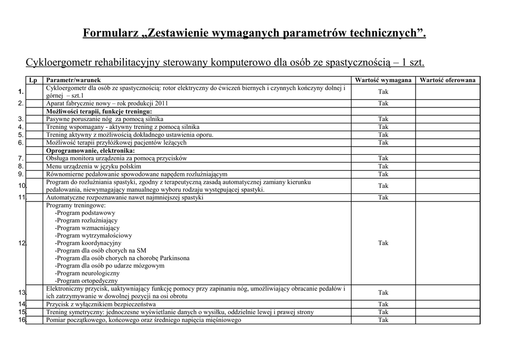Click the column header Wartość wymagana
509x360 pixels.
(383, 80)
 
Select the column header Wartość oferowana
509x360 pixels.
(447, 80)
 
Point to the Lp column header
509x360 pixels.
(33, 80)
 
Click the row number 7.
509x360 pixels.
(21, 159)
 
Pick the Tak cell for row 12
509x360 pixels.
(383, 243)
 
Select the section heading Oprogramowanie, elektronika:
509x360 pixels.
(90, 151)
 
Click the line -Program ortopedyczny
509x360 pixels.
(86, 281)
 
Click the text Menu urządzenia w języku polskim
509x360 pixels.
(93, 167)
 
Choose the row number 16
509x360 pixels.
(22, 320)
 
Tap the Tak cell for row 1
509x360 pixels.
(383, 92)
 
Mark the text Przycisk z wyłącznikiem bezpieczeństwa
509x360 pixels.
(101, 304)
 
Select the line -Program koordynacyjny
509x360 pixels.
(88, 243)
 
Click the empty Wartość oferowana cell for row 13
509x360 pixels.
(447, 293)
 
